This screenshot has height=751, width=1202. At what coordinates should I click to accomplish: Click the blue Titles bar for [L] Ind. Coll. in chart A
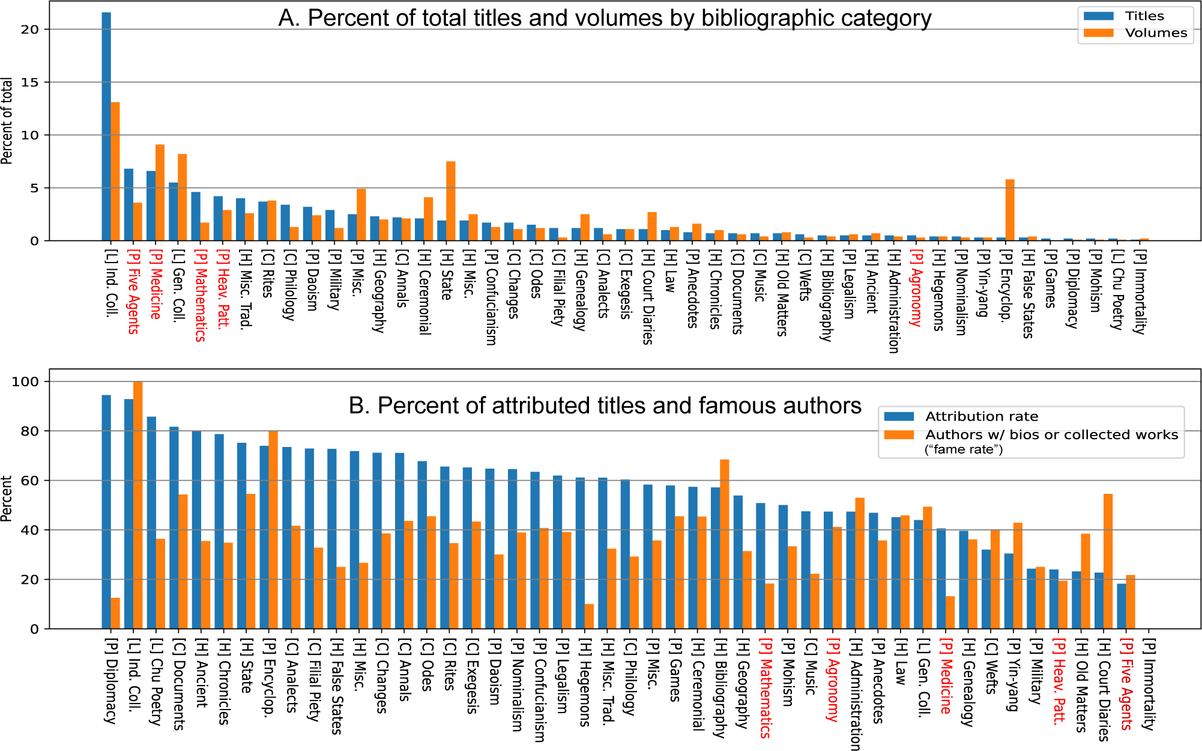coord(106,126)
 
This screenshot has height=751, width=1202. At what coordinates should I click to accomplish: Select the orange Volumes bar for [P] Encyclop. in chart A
coord(1010,210)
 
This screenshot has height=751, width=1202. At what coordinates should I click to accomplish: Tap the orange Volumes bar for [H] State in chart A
coord(450,201)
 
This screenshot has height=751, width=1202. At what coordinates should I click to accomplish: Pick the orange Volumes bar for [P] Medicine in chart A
coord(160,192)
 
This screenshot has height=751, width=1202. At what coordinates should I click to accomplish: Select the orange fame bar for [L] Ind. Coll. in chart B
coord(137,505)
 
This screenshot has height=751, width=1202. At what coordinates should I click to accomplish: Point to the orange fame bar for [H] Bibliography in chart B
coord(724,544)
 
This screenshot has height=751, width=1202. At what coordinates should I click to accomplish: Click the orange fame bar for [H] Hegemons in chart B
coord(589,616)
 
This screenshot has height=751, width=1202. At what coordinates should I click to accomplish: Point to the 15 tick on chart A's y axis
coord(29,82)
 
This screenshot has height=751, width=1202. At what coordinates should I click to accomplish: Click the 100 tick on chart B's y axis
coord(25,382)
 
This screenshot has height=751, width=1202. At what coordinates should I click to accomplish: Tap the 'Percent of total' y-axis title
coord(7,120)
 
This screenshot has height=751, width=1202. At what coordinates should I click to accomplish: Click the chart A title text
coord(605,18)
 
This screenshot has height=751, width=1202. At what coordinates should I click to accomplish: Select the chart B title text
coord(605,406)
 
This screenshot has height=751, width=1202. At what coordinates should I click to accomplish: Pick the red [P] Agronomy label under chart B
coord(833,681)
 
